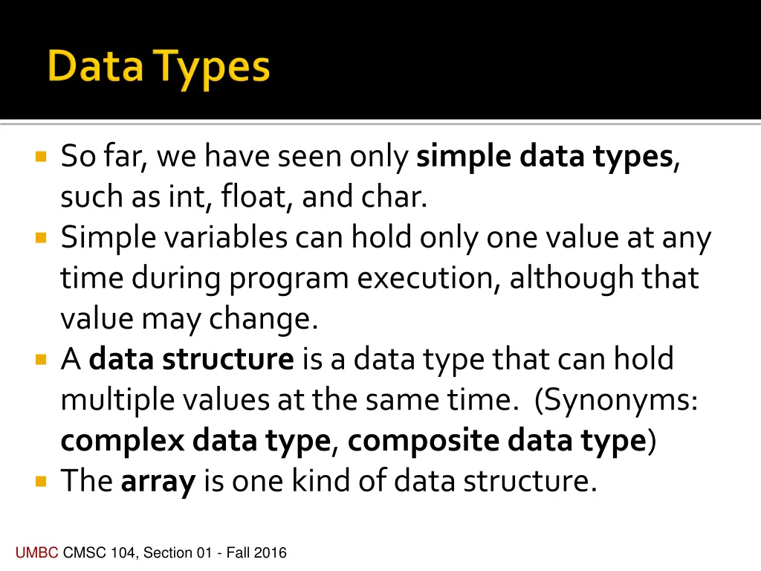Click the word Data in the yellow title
95,67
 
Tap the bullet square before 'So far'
41,158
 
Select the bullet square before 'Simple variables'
41,239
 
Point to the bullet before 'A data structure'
41,361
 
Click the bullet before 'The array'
41,482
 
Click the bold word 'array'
158,482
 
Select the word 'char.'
394,198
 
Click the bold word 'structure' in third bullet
228,360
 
